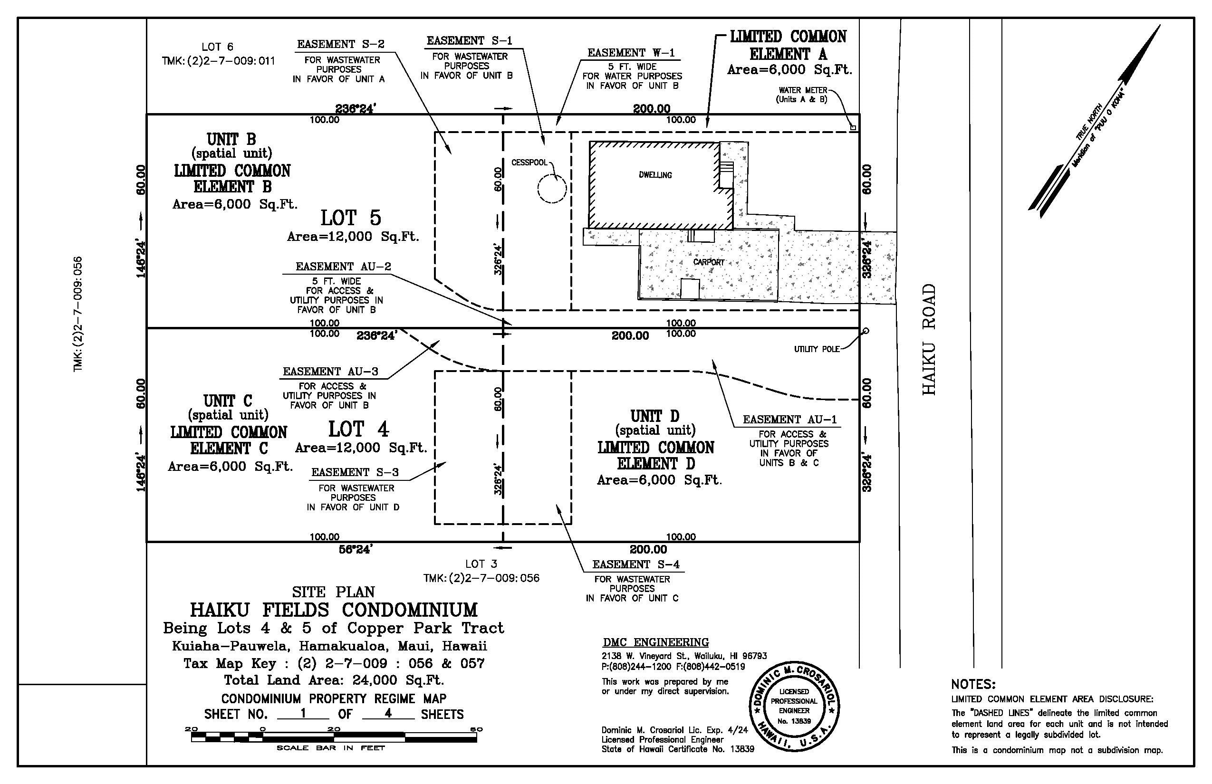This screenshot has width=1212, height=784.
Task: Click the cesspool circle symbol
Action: click(x=538, y=188)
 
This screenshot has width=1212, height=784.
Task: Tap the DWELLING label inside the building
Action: click(x=655, y=175)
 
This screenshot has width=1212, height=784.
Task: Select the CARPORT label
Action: click(x=708, y=262)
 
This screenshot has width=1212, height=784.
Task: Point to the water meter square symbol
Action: click(x=854, y=128)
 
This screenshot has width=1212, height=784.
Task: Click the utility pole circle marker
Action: click(x=866, y=331)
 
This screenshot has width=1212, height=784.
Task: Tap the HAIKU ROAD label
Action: click(x=929, y=339)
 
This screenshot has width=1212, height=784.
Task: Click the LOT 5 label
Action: click(x=351, y=218)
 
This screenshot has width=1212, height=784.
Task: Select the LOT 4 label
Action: click(x=358, y=429)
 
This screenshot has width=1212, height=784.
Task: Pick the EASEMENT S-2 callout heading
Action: click(x=341, y=44)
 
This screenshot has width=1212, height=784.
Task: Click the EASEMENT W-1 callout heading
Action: click(x=632, y=53)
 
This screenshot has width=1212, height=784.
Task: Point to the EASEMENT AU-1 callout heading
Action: click(x=789, y=420)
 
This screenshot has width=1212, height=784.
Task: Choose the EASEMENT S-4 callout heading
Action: click(x=635, y=564)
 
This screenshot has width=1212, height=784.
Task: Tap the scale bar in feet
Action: click(x=334, y=736)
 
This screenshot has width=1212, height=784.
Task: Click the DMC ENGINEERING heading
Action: click(x=655, y=642)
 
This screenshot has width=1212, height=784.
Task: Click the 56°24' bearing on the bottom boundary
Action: click(x=356, y=549)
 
